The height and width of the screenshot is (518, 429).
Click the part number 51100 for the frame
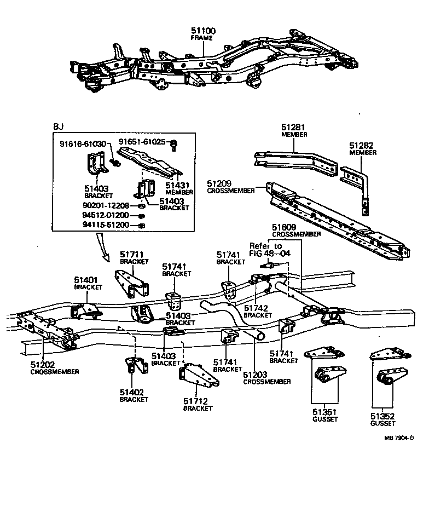[203, 31]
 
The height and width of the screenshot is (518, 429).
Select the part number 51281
[294, 127]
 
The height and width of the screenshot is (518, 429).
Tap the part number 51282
[363, 146]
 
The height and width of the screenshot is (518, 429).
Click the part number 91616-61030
[83, 143]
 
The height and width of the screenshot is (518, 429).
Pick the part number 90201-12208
[106, 205]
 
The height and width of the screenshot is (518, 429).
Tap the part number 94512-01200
[106, 215]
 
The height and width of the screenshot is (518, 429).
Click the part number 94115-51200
[106, 225]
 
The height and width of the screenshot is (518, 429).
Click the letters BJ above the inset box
[58, 126]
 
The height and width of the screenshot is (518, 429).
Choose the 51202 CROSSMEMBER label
[54, 367]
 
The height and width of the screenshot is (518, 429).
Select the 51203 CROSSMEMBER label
[266, 377]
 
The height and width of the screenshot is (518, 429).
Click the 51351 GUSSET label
[325, 415]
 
